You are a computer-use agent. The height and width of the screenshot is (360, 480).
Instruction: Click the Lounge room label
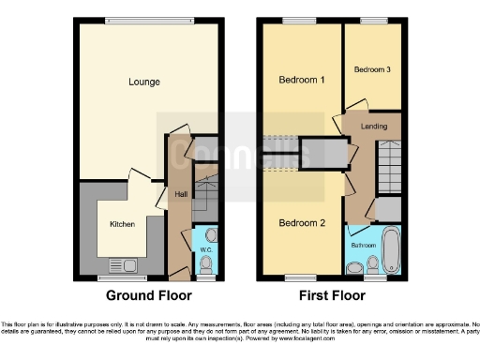click(x=144, y=82)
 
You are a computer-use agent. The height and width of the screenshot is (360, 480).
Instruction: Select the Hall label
click(x=179, y=195)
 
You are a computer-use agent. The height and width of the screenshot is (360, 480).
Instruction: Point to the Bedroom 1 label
click(x=302, y=81)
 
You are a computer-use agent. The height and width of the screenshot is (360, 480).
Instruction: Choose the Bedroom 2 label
click(x=302, y=222)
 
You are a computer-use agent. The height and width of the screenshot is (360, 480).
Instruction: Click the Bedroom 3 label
click(x=371, y=70)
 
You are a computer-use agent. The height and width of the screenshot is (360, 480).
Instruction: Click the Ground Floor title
click(x=148, y=295)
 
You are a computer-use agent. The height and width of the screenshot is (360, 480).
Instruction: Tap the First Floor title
click(x=333, y=295)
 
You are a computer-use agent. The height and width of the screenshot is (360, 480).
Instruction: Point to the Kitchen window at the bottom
click(x=122, y=278)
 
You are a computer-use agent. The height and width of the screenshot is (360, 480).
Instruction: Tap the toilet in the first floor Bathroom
click(x=353, y=269)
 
